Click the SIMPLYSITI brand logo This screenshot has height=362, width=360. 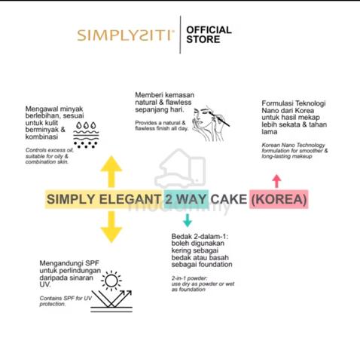125,35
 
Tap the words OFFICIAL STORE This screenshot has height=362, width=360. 209,35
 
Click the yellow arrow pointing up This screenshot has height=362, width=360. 111,172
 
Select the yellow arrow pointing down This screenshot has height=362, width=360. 111,227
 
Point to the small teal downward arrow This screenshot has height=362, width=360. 188,220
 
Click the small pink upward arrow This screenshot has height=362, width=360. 276,181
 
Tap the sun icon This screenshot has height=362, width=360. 111,281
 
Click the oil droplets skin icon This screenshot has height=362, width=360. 86,135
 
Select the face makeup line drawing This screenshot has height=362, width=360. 210,123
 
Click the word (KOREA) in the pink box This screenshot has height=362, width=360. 279,199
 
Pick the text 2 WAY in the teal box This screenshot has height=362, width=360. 185,199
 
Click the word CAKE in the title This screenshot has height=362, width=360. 229,199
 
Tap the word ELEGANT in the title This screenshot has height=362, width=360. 130,199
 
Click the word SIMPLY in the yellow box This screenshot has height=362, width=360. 72,199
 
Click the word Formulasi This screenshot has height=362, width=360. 277,103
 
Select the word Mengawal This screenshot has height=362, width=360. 40,109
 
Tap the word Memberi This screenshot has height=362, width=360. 147,95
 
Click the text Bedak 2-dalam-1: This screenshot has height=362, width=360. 200,236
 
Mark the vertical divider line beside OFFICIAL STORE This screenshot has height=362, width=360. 180,35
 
